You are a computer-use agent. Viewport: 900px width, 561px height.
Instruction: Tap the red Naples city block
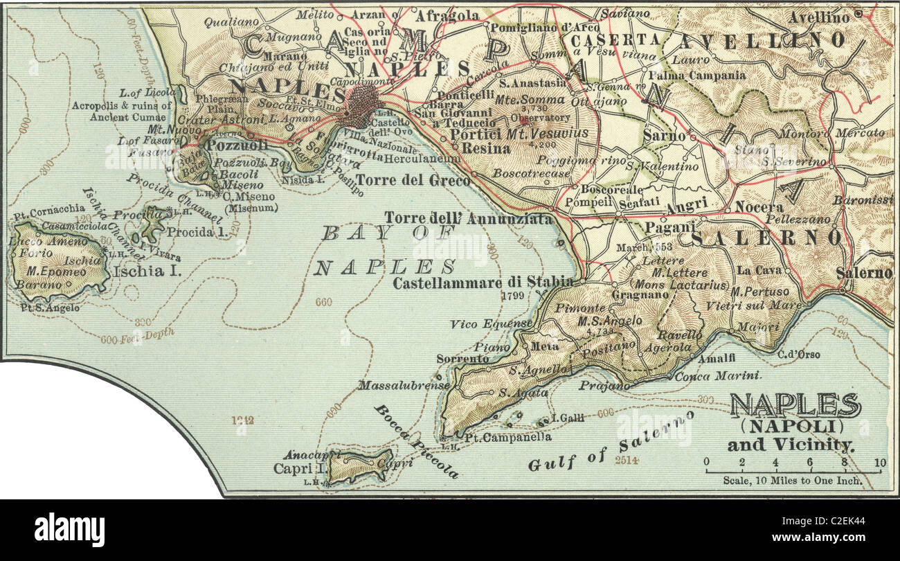pyautogui.click(x=360, y=106)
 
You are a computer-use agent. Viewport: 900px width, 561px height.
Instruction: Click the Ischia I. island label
pyautogui.click(x=147, y=271)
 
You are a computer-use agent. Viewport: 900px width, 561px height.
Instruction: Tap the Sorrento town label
pyautogui.click(x=462, y=359)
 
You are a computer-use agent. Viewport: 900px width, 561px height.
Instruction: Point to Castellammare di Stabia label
pyautogui.click(x=483, y=282)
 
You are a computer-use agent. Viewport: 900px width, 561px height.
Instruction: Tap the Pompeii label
pyautogui.click(x=579, y=202)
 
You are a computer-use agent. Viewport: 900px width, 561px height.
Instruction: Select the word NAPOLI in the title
pyautogui.click(x=793, y=425)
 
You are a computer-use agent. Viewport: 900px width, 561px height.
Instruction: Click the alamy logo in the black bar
pyautogui.click(x=69, y=529)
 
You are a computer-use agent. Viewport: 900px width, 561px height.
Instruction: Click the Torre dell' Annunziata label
pyautogui.click(x=469, y=218)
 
